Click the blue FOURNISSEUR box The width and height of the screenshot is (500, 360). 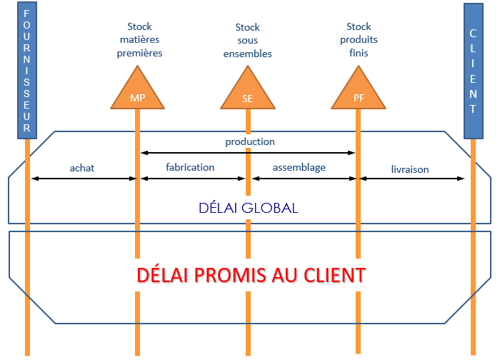coord(26,71)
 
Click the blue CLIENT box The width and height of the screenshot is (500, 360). coord(472,71)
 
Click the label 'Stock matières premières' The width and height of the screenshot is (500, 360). coord(140,40)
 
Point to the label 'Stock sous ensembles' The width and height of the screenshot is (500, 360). coord(248,41)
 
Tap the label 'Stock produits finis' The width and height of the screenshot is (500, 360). coord(358,40)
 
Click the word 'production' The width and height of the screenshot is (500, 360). coord(250,141)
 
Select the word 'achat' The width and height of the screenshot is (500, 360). coord(82,168)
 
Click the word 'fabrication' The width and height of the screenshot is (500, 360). coord(190,167)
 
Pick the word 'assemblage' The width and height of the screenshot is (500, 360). coord(299,167)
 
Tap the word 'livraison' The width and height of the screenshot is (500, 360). coord(410,169)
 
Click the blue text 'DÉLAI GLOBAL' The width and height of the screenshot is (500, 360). coord(248,208)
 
